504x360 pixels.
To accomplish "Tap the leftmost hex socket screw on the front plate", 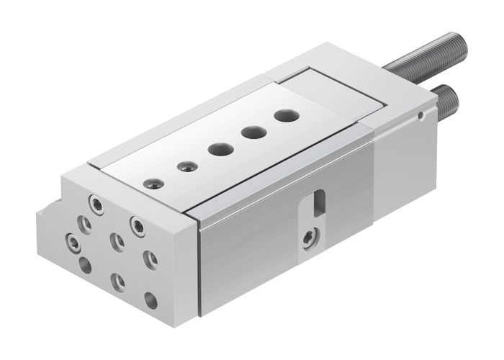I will [71, 240].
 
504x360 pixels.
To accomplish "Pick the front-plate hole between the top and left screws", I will [86, 225].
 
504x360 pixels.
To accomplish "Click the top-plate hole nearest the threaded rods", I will [285, 114].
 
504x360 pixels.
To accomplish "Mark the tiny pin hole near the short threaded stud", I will [420, 115].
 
